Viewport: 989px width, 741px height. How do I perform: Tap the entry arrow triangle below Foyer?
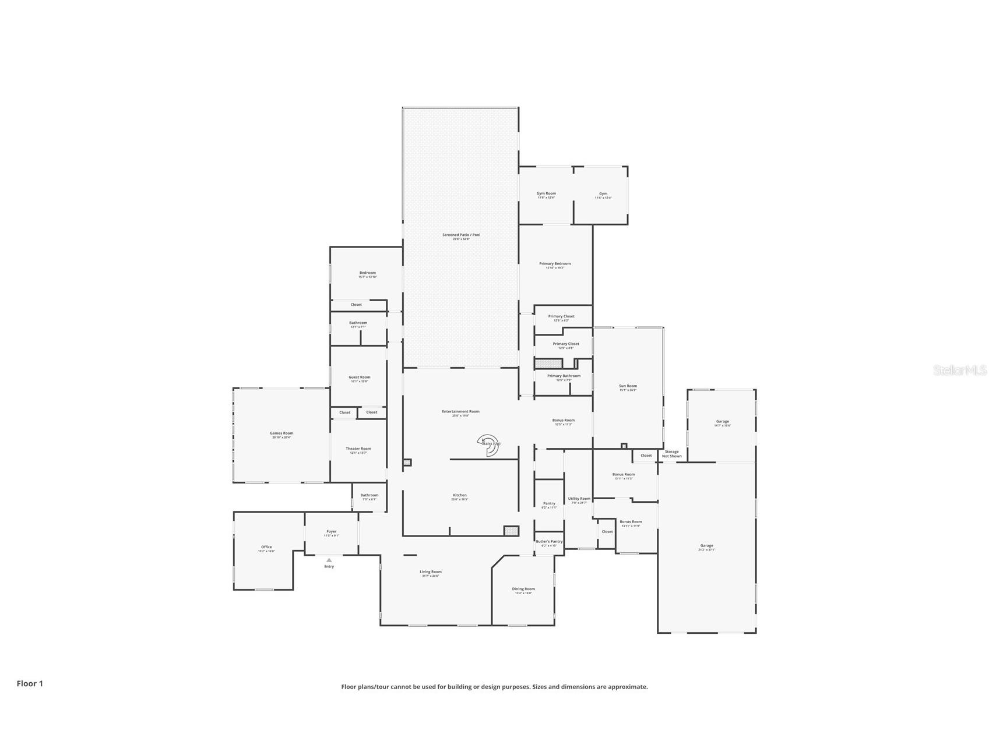(x=329, y=560)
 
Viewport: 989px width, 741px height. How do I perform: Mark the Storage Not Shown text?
(x=671, y=453)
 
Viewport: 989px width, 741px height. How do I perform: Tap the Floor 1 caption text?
(x=30, y=683)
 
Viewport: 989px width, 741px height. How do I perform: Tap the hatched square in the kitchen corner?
(x=511, y=530)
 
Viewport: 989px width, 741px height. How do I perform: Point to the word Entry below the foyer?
(x=329, y=566)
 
